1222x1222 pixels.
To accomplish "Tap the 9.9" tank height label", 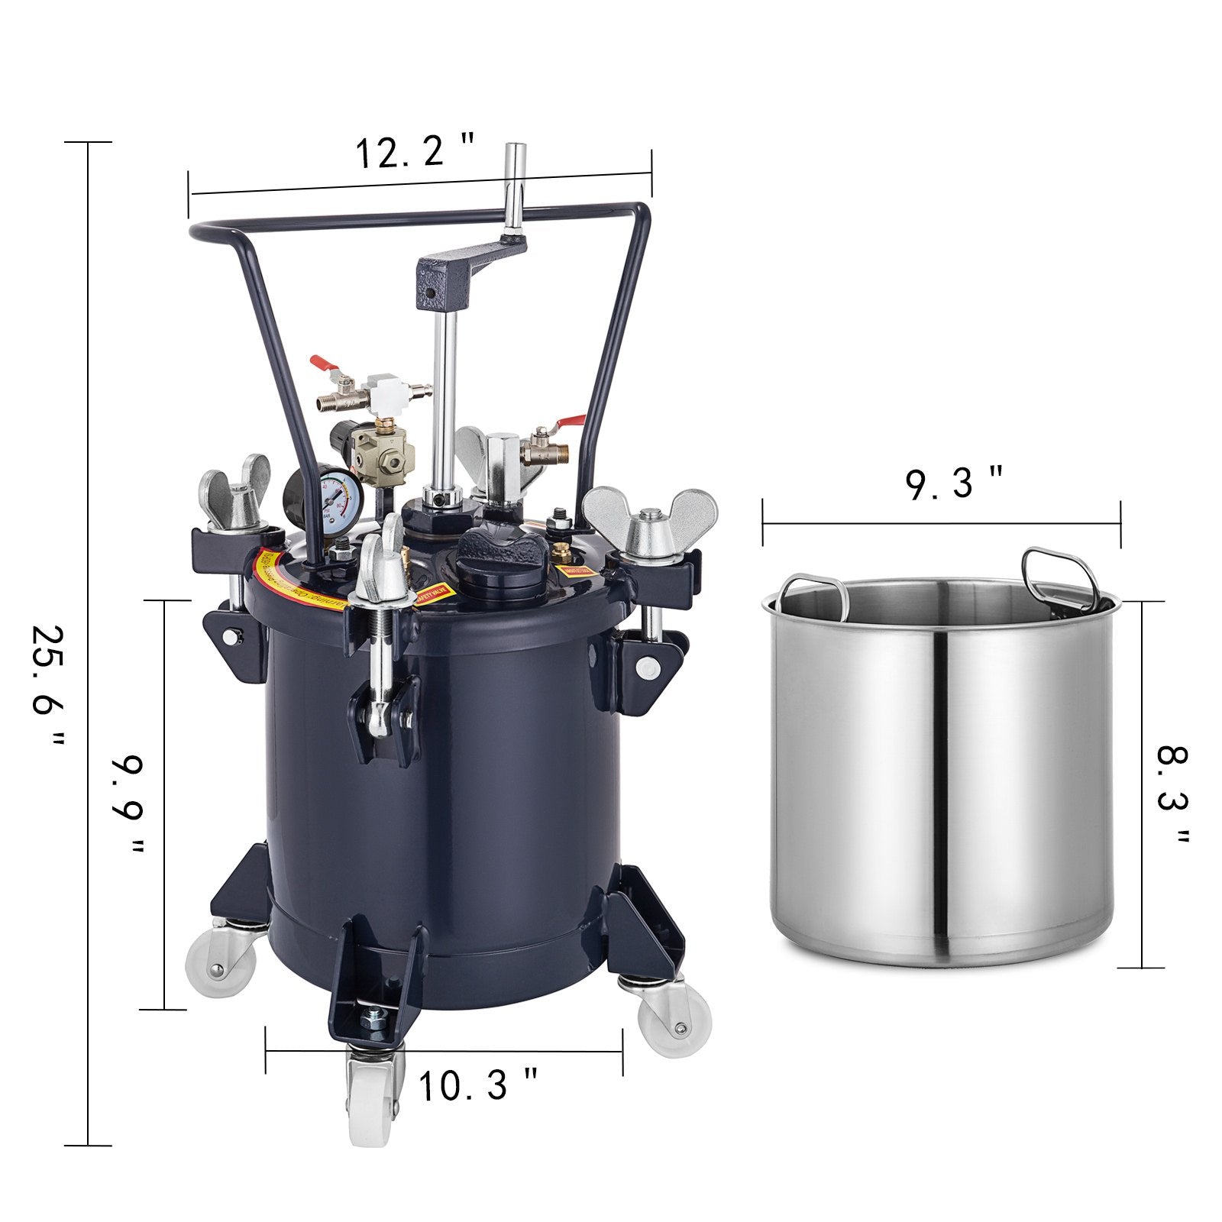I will tap(126, 806).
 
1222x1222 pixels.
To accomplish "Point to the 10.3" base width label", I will tap(478, 1085).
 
